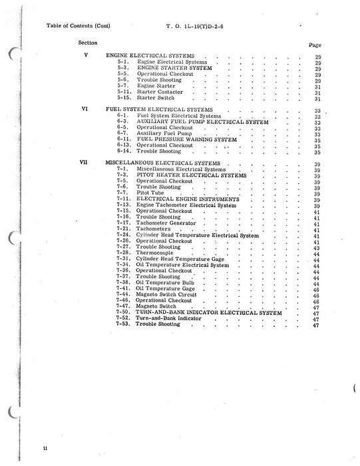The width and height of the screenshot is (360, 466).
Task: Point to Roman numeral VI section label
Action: coord(85,109)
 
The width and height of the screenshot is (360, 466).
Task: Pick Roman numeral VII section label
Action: coord(84,162)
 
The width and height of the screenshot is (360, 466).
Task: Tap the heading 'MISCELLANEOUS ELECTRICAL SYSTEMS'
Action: coord(164,162)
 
